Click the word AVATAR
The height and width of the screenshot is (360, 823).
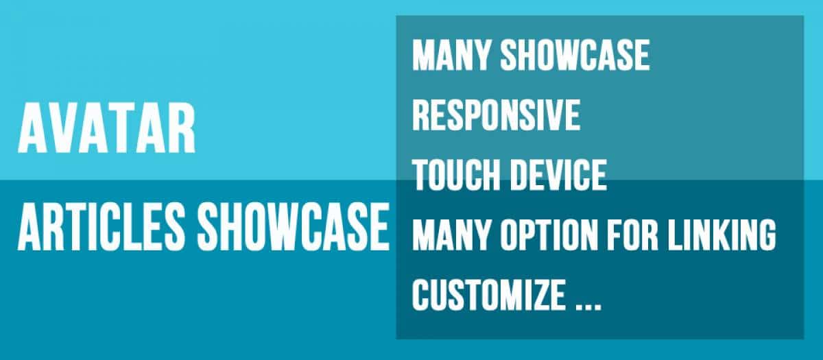[x=106, y=128]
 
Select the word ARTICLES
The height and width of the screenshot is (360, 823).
[x=101, y=226]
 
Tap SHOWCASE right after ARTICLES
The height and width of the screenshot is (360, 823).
[x=294, y=226]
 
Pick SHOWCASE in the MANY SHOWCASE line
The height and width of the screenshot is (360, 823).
[x=575, y=55]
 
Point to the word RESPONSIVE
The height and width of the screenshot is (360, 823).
[x=497, y=115]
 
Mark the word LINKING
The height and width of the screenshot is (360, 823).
[x=721, y=235]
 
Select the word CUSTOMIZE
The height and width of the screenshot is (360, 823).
[x=488, y=295]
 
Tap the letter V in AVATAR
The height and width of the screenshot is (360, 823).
[x=64, y=128]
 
